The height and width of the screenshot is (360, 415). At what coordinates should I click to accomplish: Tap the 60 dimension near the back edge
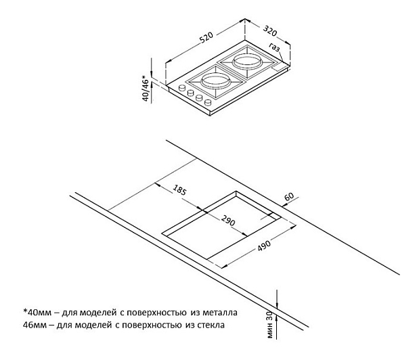[x=289, y=196]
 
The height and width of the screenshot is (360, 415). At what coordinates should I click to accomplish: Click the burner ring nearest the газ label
[x=246, y=63]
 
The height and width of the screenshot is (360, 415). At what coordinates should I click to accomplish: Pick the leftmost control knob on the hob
[x=182, y=89]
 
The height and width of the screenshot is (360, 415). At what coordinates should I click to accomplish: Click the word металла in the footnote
[x=219, y=313]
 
